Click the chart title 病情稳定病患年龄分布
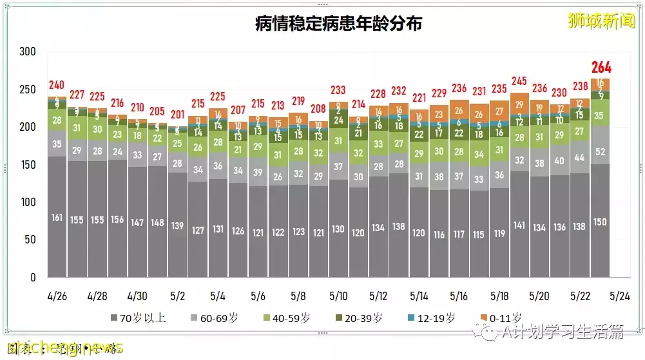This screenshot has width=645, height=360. coord(338,24)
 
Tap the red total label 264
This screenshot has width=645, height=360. coord(601,68)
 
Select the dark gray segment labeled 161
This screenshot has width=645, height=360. coord(57,217)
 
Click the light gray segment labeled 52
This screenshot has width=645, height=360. coord(601,152)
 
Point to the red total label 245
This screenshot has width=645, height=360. coord(519,81)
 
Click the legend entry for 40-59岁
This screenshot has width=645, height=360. coord(288,317)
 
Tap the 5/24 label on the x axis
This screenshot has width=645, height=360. coord(620,296)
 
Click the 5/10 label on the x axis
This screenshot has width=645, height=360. coord(338,296)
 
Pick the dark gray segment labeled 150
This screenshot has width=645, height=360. coord(601,222)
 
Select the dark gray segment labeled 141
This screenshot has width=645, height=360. coord(519,225)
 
